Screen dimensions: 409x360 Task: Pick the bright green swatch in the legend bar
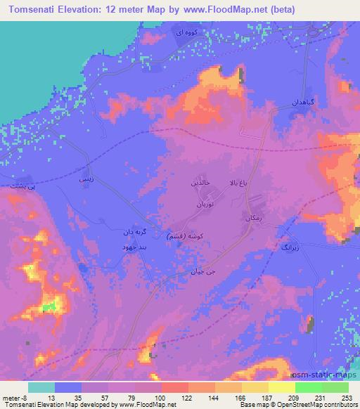pos(308,387)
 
